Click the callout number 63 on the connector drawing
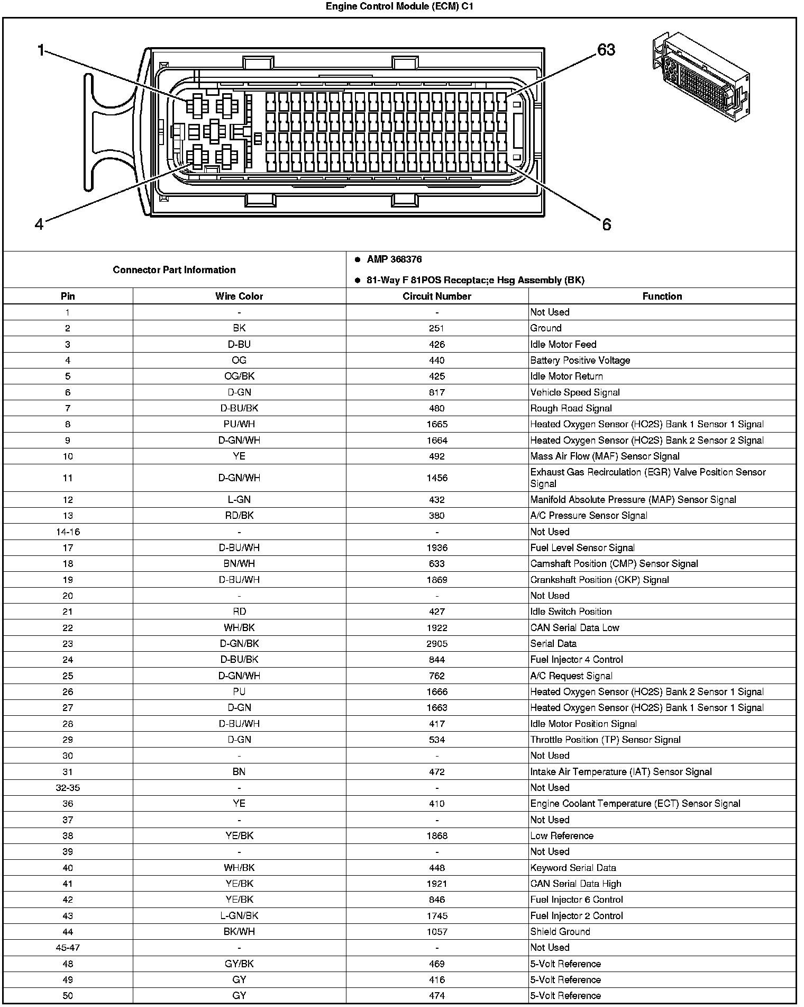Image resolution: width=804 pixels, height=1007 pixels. (606, 50)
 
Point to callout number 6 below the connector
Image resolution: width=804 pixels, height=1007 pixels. (607, 224)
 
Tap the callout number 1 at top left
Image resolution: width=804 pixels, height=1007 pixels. (41, 51)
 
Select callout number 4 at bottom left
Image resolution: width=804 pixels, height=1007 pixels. (39, 224)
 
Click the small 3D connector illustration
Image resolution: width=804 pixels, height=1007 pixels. (700, 76)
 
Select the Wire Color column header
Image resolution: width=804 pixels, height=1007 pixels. (239, 296)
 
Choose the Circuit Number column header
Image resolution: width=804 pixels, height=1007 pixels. (437, 296)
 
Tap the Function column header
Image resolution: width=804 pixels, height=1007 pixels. (662, 296)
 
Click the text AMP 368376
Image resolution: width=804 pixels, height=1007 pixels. (394, 259)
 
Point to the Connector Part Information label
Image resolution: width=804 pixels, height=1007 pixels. (174, 269)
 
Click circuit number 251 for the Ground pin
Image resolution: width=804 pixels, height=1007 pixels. (437, 328)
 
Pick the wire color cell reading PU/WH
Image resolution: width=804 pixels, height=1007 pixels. (239, 424)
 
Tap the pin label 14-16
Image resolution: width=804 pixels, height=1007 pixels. (68, 532)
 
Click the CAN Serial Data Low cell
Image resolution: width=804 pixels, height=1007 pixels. (574, 627)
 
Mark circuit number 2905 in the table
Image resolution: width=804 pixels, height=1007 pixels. (437, 644)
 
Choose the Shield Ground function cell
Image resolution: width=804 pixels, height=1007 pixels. (560, 931)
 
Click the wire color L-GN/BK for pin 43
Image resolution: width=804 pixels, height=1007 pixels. (239, 915)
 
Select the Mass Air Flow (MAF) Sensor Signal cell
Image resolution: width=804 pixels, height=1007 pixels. (605, 456)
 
